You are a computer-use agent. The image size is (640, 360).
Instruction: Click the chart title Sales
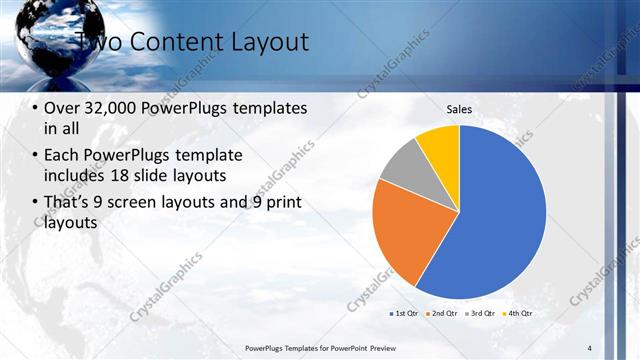point(459,110)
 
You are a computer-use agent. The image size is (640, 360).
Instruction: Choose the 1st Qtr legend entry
point(405,313)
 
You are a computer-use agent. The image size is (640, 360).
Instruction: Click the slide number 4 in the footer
point(590,347)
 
